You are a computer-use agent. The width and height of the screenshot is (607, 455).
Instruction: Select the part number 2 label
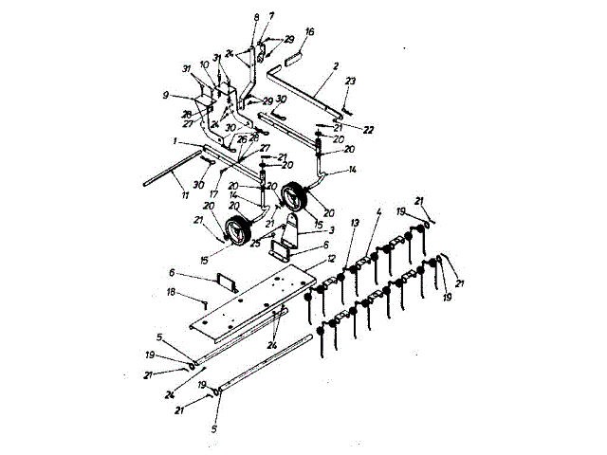click(x=335, y=68)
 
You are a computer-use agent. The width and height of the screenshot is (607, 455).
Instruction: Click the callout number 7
click(x=270, y=16)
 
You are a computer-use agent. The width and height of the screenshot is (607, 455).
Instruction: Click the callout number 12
click(x=331, y=257)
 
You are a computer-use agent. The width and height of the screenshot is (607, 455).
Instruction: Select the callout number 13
click(x=355, y=222)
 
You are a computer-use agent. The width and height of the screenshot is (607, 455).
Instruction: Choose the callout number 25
click(x=255, y=243)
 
